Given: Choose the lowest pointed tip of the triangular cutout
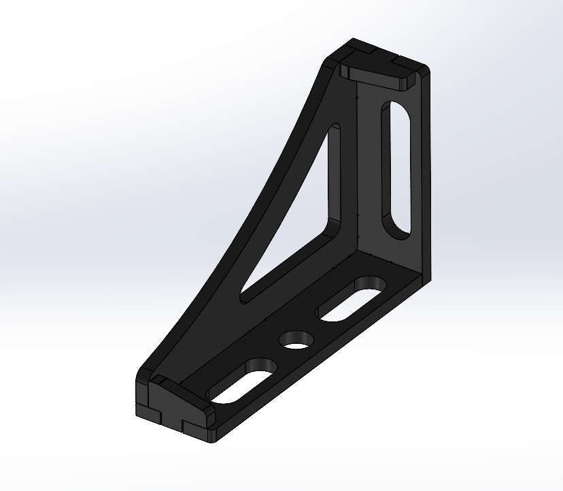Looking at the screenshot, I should click(245, 297).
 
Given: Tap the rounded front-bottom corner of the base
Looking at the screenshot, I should click(211, 436).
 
